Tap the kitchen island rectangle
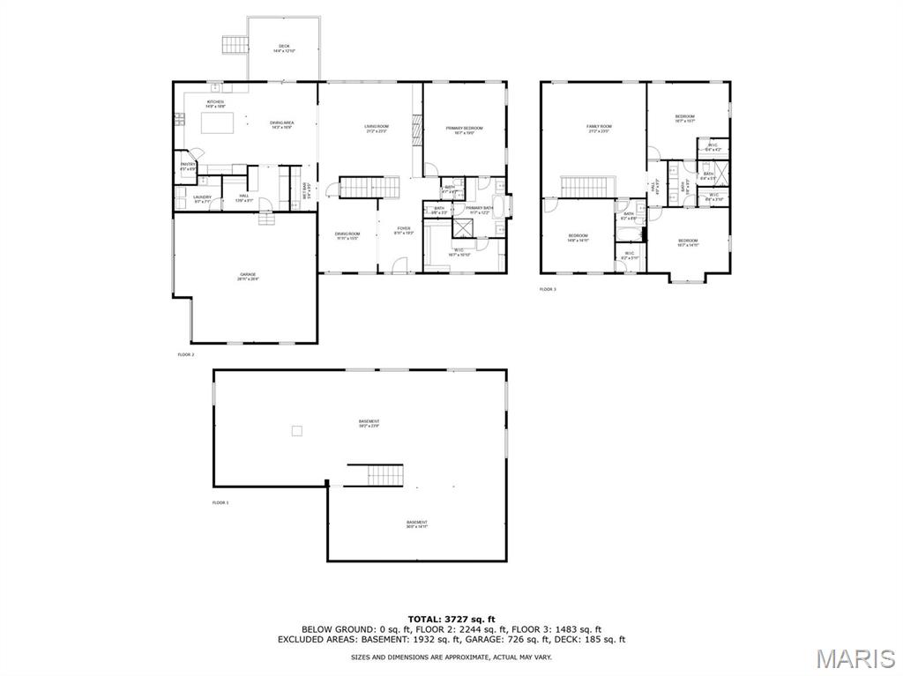220,123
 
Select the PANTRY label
188,165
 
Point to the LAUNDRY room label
202,198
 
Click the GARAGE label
247,276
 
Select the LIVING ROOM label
377,128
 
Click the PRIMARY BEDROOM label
464,130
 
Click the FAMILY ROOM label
598,128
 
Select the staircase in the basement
374,475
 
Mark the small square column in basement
298,430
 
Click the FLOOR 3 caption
548,289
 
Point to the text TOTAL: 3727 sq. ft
451,619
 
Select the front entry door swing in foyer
399,264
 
